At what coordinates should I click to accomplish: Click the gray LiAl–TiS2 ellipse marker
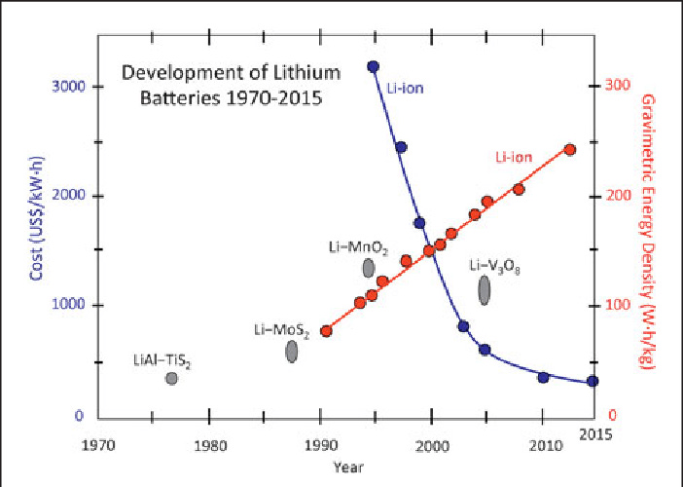click(171, 378)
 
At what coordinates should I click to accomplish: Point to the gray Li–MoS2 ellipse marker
click(292, 352)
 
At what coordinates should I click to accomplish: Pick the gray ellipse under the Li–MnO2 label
click(369, 268)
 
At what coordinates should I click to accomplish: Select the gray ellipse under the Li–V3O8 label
click(485, 289)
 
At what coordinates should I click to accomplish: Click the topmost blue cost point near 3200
click(373, 66)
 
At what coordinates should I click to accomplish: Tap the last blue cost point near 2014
click(593, 382)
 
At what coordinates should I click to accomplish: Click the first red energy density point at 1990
click(326, 331)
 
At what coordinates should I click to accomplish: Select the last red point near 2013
click(570, 149)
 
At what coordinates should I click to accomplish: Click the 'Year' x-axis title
click(341, 468)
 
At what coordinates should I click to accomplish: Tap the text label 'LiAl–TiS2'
click(162, 359)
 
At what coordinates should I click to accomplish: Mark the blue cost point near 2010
click(543, 377)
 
